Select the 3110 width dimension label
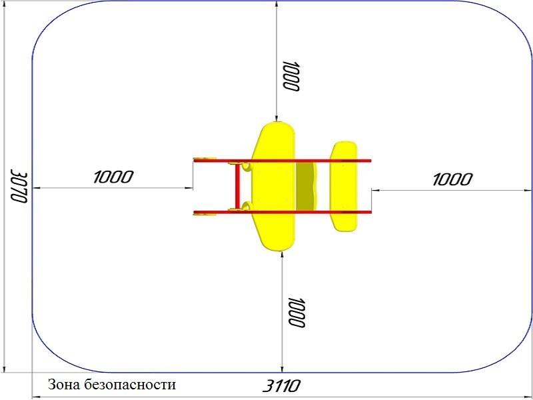coord(282,386)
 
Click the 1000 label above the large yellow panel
coord(290,77)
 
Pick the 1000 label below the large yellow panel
coord(296,313)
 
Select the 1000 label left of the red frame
coord(113,177)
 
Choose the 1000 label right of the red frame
coord(452,179)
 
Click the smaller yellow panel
coord(344,187)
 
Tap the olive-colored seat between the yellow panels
coord(306,187)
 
